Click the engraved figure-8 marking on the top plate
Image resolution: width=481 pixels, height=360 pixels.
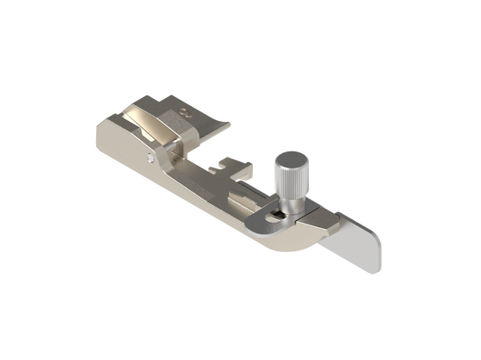coord(184,112)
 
